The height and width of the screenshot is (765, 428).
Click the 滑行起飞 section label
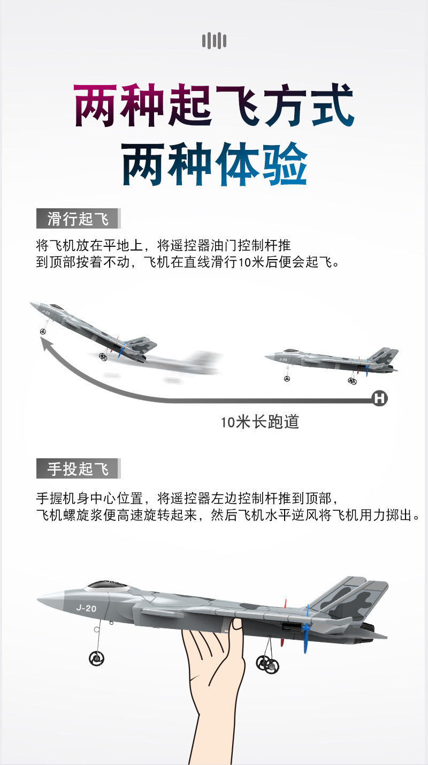[x=78, y=218]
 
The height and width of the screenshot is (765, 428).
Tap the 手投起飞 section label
[x=78, y=468]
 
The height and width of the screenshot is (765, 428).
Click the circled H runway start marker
[x=379, y=398]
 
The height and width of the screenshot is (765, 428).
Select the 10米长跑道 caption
[x=259, y=422]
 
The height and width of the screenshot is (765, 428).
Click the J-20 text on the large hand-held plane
[x=86, y=608]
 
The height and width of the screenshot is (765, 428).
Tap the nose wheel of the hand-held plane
[x=97, y=657]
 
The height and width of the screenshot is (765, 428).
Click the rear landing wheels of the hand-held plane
[x=268, y=664]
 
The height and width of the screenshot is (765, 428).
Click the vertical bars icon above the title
[x=214, y=41]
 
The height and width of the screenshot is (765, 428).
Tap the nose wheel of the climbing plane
[x=43, y=331]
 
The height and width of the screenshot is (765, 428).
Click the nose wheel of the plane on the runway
[x=287, y=378]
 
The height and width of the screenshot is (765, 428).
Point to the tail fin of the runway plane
[x=384, y=356]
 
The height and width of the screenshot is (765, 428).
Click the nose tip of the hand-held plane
[x=38, y=597]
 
